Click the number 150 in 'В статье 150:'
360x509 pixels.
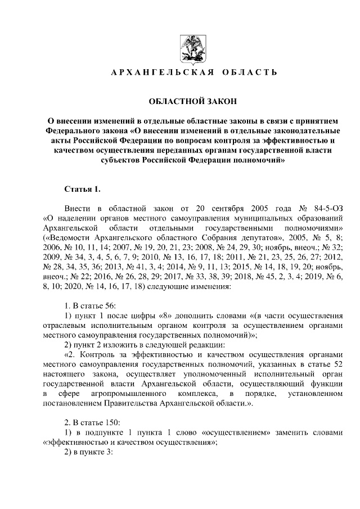pyautogui.click(x=111, y=422)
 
